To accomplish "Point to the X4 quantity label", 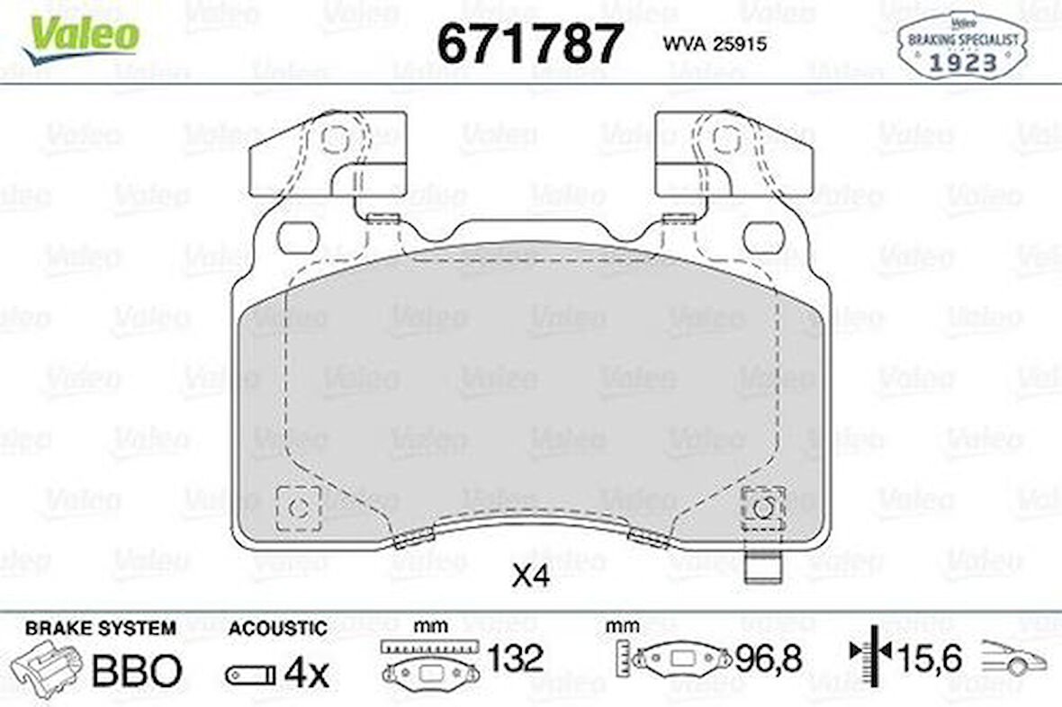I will [530, 577].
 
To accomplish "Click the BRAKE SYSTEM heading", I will [101, 628].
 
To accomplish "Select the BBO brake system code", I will [138, 670].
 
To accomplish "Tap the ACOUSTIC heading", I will [277, 628].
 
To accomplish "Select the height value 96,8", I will [767, 659].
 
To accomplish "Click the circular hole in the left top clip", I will [334, 139].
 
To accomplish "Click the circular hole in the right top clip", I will [725, 139].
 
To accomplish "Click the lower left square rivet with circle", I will [297, 508].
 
